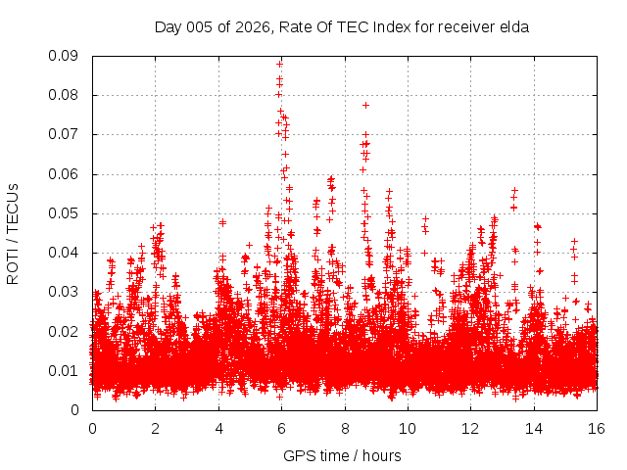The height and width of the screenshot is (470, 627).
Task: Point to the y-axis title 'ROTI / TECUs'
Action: click(x=13, y=233)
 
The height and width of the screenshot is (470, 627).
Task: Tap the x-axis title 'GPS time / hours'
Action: click(x=342, y=455)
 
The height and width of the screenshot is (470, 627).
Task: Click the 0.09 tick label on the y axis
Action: click(x=66, y=56)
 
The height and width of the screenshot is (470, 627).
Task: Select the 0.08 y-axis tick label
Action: click(x=66, y=95)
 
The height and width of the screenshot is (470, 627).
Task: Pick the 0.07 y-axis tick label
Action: click(x=66, y=134)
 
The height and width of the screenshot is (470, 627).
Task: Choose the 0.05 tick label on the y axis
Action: click(x=66, y=213)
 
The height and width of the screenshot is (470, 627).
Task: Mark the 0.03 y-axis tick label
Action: click(x=66, y=292)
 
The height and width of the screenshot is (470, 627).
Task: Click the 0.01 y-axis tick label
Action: click(x=66, y=370)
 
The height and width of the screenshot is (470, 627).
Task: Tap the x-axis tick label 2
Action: click(x=155, y=428)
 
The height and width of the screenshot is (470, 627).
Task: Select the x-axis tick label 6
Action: click(x=281, y=428)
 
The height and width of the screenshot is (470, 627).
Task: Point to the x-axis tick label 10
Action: click(x=408, y=428)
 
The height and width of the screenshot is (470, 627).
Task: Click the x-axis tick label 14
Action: click(x=534, y=428)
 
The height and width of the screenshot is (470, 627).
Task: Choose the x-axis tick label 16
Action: click(x=597, y=428)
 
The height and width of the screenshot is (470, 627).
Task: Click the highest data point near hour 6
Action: click(x=279, y=64)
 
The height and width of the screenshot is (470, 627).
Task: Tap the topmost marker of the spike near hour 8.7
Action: click(x=365, y=105)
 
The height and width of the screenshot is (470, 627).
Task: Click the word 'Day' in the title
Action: click(x=169, y=27)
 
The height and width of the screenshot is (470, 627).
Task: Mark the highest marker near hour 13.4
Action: click(x=514, y=191)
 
